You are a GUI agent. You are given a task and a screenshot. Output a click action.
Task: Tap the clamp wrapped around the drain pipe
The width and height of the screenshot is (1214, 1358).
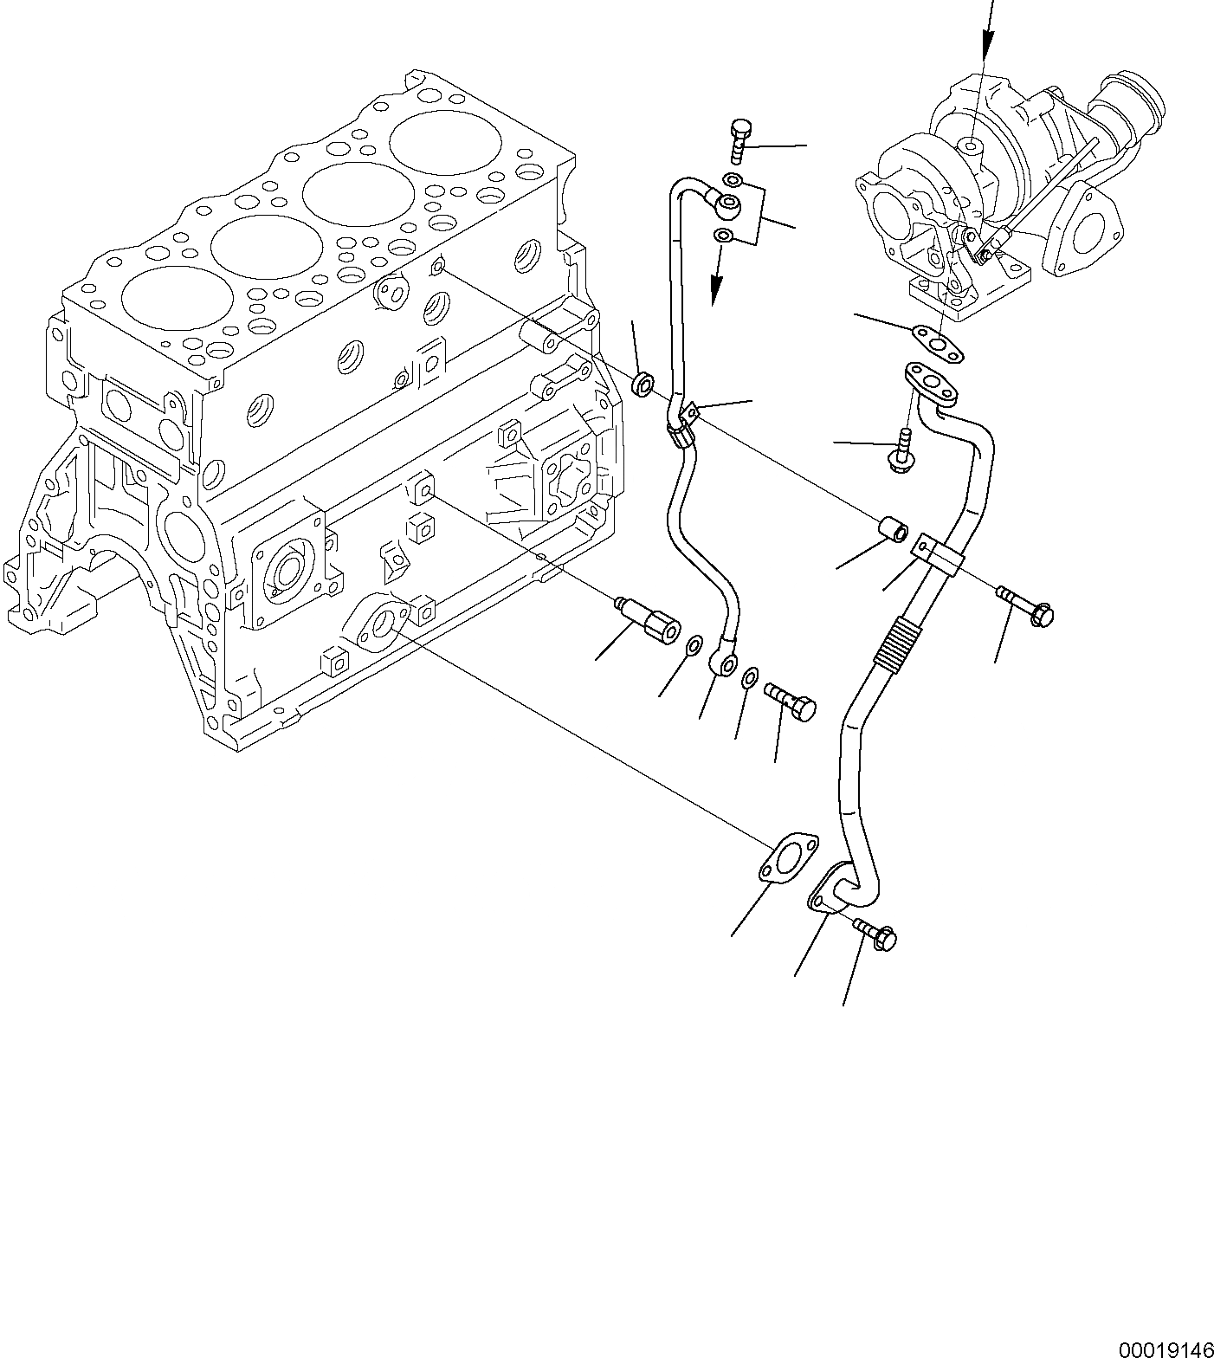937,553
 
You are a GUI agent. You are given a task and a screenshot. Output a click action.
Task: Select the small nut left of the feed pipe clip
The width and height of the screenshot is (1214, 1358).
643,384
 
